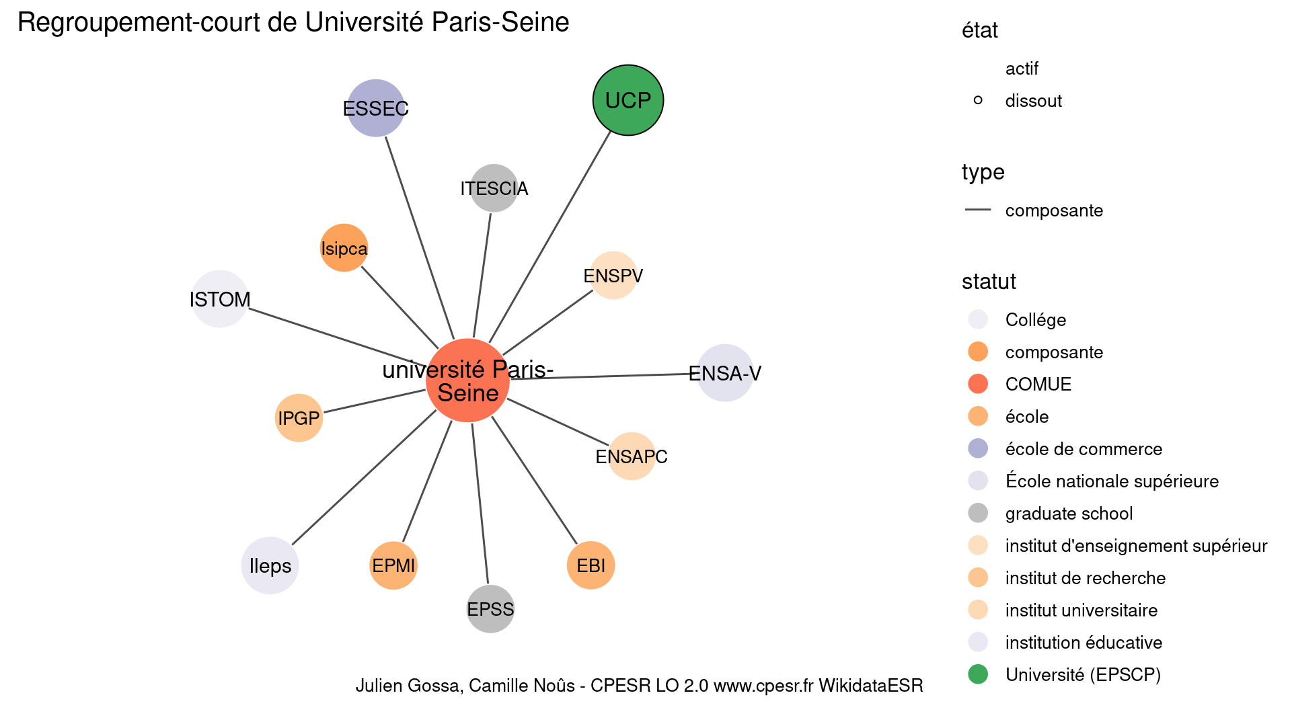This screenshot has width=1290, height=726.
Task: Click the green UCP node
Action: [x=628, y=100]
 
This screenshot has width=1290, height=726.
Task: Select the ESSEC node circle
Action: [x=375, y=108]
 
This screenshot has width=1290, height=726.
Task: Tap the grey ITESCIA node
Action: [x=494, y=188]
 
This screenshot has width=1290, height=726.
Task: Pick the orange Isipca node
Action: [x=344, y=248]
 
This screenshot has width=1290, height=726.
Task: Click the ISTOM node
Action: [x=220, y=299]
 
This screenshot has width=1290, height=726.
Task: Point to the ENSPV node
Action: [x=613, y=276]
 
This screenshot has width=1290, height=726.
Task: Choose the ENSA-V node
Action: [x=724, y=373]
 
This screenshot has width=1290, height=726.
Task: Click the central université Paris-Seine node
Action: [x=467, y=380]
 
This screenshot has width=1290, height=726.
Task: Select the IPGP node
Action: [x=299, y=418]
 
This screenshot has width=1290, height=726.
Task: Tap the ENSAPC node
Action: [x=631, y=456]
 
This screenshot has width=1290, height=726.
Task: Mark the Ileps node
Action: [x=270, y=565]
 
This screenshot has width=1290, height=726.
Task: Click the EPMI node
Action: [x=393, y=565]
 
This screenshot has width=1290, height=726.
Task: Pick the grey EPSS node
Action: [x=490, y=609]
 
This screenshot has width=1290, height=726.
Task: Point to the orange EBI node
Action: [x=591, y=565]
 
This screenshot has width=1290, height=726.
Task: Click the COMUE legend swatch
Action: [x=977, y=384]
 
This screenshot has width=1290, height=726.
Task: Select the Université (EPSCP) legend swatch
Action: [x=977, y=674]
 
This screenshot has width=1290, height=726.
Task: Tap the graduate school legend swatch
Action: [x=977, y=513]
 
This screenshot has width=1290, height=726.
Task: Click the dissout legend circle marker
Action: [x=977, y=100]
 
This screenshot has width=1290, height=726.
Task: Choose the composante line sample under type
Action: [x=977, y=210]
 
